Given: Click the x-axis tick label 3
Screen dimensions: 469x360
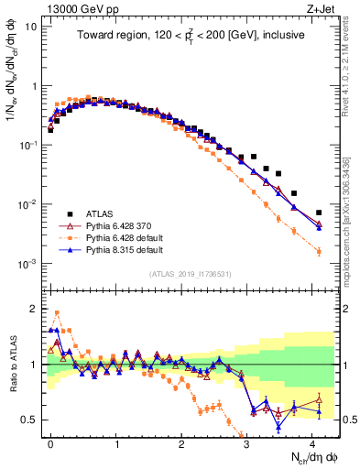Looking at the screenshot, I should pyautogui.click(x=248, y=442).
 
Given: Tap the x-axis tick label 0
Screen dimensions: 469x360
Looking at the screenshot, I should pyautogui.click(x=50, y=442).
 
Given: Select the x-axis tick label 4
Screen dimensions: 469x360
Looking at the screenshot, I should pyautogui.click(x=314, y=442).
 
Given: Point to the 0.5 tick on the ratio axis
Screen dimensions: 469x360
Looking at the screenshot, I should pyautogui.click(x=33, y=420).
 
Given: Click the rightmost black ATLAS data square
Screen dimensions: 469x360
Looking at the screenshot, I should pyautogui.click(x=319, y=213).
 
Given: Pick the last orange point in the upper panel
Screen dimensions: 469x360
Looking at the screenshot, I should pyautogui.click(x=319, y=251).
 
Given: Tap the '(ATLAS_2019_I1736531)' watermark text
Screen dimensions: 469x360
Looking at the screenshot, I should pyautogui.click(x=182, y=275).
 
